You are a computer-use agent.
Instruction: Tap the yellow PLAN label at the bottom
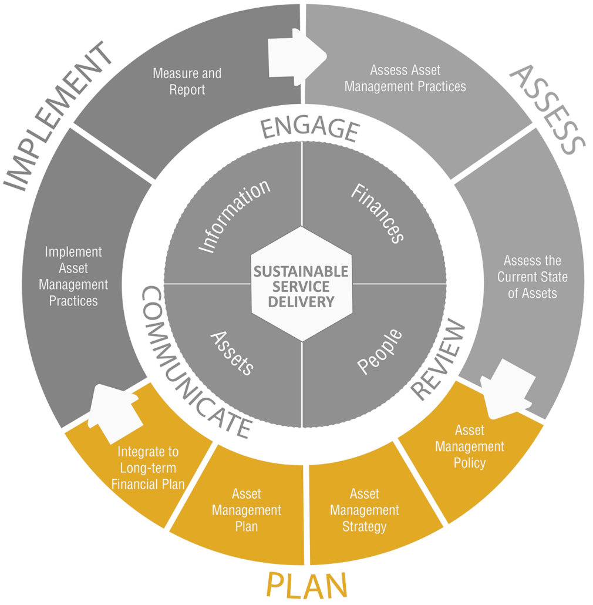click(x=306, y=585)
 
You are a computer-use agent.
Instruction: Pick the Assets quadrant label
click(x=232, y=352)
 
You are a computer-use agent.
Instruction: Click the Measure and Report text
click(x=187, y=82)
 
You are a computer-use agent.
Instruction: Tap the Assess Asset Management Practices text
click(x=405, y=79)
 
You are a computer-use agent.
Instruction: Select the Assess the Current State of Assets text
click(x=533, y=277)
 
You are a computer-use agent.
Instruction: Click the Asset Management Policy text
click(x=470, y=447)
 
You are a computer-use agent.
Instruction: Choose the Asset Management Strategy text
click(x=364, y=510)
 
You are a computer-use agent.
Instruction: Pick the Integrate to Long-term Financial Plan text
click(x=148, y=468)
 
